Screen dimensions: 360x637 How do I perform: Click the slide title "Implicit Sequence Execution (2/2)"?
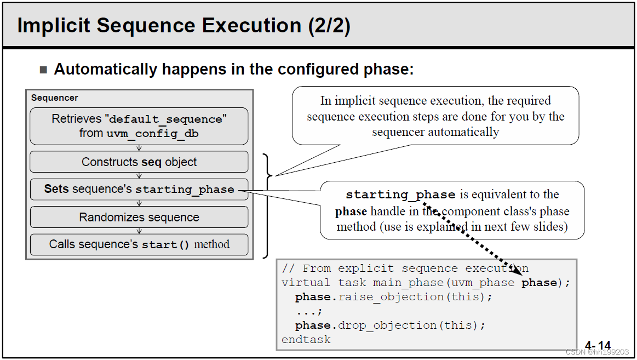(183, 26)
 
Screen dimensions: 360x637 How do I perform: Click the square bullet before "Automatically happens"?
(44, 70)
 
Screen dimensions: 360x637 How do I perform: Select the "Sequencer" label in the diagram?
(54, 98)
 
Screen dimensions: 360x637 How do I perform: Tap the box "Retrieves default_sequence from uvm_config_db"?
(139, 126)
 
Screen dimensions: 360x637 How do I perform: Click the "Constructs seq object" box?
(139, 162)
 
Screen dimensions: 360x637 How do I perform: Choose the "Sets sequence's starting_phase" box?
(139, 190)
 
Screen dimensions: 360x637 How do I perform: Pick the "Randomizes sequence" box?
(139, 217)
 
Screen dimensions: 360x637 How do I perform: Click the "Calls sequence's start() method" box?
(139, 244)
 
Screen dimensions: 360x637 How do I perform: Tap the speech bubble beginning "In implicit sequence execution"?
(435, 116)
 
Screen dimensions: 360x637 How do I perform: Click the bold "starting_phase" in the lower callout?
(400, 195)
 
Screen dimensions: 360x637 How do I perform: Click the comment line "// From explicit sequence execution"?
(405, 268)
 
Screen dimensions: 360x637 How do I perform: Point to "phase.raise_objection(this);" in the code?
(394, 297)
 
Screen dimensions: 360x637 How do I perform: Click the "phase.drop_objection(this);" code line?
(390, 325)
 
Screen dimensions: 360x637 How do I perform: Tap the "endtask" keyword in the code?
(306, 340)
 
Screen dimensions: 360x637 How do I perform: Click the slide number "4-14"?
(598, 345)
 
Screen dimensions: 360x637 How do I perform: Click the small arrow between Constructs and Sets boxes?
(139, 176)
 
